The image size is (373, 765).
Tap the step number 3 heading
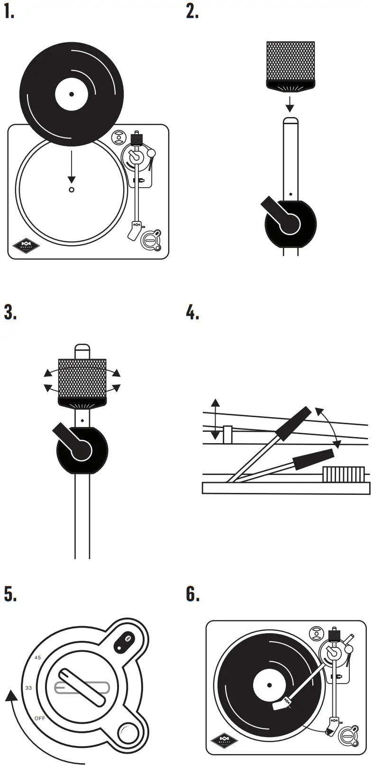10,312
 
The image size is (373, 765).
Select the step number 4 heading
192,312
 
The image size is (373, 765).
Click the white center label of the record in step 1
72,94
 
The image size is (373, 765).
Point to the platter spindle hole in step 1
72,190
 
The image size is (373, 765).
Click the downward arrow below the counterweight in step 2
290,102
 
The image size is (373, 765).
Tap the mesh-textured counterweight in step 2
291,61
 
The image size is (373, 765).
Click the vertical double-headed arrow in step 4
216,419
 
